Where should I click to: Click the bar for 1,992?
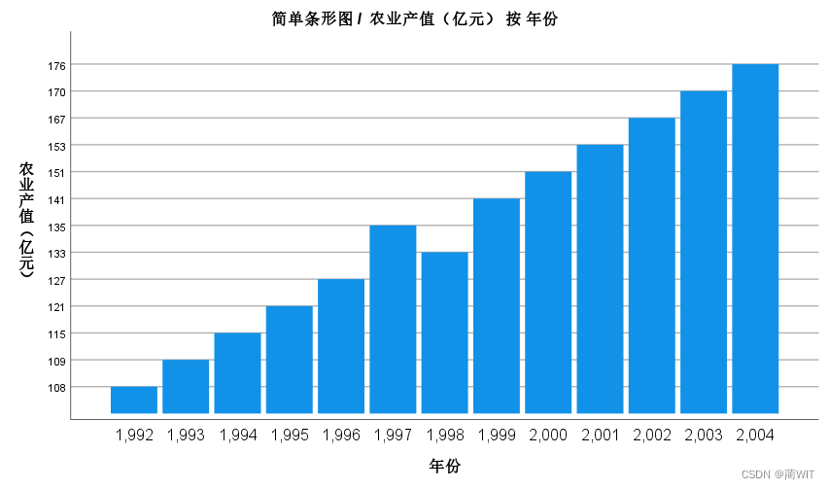pyautogui.click(x=134, y=400)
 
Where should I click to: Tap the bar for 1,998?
pyautogui.click(x=444, y=332)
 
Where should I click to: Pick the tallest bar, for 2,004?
pyautogui.click(x=755, y=238)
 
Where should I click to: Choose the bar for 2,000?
pyautogui.click(x=548, y=292)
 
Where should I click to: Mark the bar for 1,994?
pyautogui.click(x=238, y=372)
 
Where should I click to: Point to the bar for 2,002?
pyautogui.click(x=651, y=265)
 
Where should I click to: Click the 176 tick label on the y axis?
pyautogui.click(x=55, y=65)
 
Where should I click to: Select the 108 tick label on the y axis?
pyautogui.click(x=55, y=388)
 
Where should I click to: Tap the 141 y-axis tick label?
pyautogui.click(x=55, y=199)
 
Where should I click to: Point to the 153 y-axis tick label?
pyautogui.click(x=55, y=146)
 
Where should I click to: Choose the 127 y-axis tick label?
pyautogui.click(x=55, y=280)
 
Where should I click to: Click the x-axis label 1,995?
pyautogui.click(x=290, y=436)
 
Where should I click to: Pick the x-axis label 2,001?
pyautogui.click(x=600, y=436)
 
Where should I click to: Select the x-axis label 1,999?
pyautogui.click(x=497, y=436)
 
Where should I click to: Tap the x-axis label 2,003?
pyautogui.click(x=703, y=436)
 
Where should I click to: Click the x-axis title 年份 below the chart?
pyautogui.click(x=445, y=467)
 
